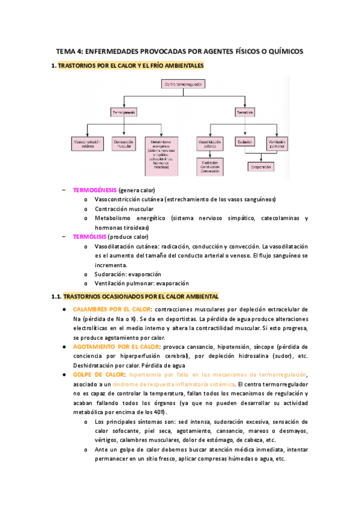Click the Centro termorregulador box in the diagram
[184, 85]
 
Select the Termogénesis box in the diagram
[124, 112]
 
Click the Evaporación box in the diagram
[262, 166]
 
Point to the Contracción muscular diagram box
[124, 143]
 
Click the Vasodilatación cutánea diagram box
[210, 143]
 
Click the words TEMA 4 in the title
[69, 52]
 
